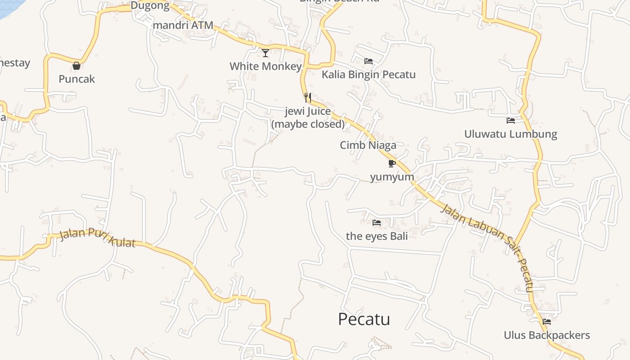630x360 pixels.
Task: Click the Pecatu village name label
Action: pos(364,319)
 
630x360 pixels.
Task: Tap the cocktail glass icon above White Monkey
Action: pos(265,53)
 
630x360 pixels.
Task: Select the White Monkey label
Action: pos(265,67)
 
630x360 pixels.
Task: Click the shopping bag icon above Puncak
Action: pos(76,66)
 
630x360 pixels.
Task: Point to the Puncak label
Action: pos(77,79)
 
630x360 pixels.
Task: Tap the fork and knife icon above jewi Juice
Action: pos(308,97)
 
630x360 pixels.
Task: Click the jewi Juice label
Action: pos(308,117)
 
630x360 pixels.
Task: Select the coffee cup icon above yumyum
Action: pos(391,163)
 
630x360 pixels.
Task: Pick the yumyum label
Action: pos(392,177)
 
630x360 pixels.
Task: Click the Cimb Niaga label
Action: pos(368,145)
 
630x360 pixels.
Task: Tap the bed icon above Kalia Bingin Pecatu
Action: pos(369,61)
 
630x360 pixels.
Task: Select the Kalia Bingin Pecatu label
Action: pos(369,75)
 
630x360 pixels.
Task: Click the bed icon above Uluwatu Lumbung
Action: pos(511,121)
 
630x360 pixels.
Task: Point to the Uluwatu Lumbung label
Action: pos(511,134)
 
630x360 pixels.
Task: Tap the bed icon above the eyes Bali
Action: pos(377,222)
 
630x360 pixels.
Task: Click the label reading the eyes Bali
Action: pos(377,236)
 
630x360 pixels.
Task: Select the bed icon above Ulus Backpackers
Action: pos(547,322)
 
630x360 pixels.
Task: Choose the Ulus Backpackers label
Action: pos(547,335)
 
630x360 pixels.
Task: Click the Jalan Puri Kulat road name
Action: pos(97,237)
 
